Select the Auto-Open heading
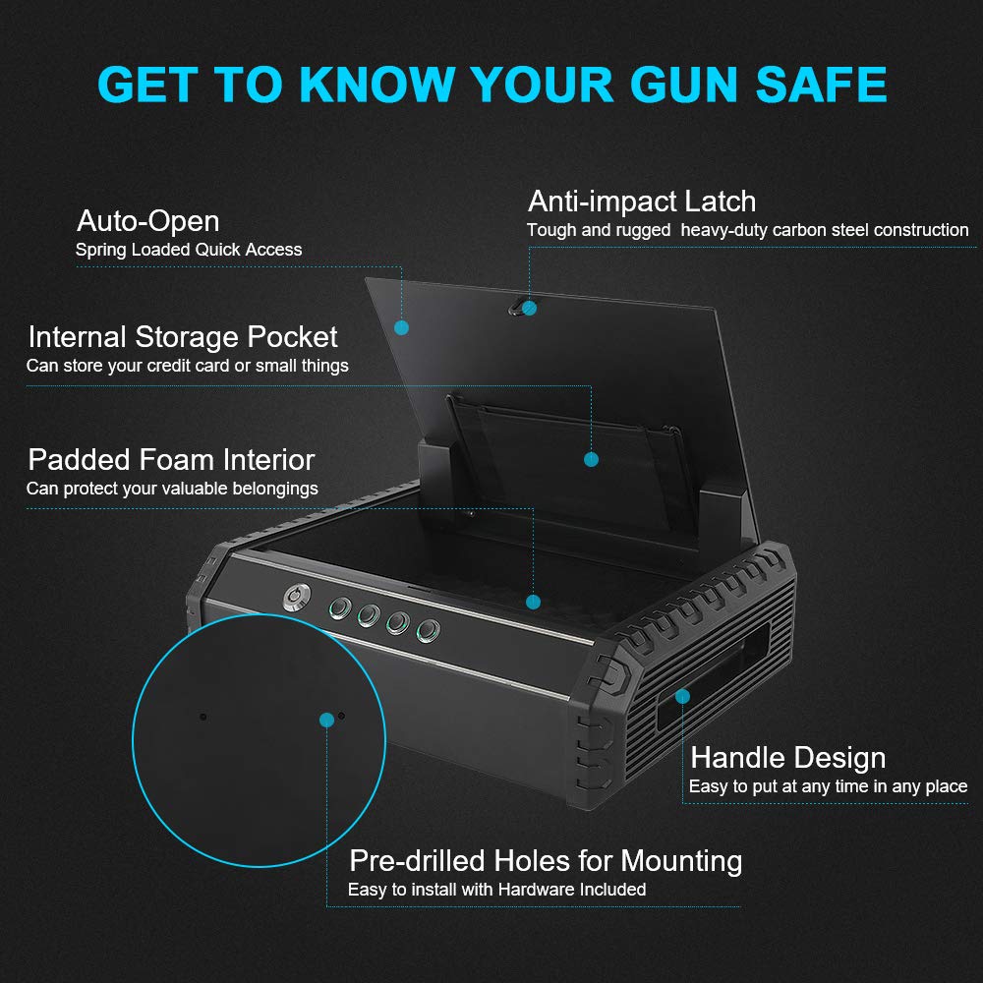click(147, 219)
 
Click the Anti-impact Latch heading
click(642, 202)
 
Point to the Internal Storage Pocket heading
click(183, 337)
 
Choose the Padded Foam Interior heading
click(171, 459)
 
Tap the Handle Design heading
click(787, 758)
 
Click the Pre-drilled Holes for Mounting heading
click(546, 861)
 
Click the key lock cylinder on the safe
click(293, 598)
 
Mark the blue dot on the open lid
click(401, 327)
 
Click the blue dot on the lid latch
click(529, 308)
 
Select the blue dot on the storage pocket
click(591, 459)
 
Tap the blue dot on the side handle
click(682, 696)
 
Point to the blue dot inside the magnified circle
click(326, 721)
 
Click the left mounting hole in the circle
click(203, 717)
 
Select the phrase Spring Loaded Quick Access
click(189, 250)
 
